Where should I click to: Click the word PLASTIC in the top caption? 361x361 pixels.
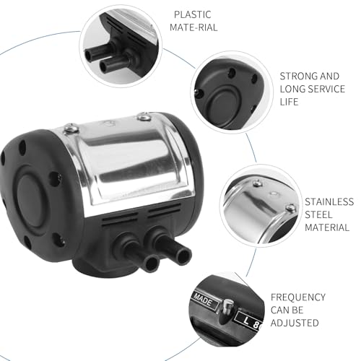193,14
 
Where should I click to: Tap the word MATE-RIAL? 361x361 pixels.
193,27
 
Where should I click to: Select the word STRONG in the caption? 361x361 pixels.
297,77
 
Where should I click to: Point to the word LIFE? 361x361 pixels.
289,102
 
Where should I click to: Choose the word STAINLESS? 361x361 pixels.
329,201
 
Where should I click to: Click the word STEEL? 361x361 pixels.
318,214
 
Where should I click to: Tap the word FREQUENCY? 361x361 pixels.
298,297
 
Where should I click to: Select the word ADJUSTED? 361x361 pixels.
295,323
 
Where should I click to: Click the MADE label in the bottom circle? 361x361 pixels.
204,300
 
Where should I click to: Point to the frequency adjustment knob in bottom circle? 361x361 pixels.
227,307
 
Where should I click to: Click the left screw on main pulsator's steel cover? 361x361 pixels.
71,128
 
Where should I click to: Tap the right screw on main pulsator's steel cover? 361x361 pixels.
144,116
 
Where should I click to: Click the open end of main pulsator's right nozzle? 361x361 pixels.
183,256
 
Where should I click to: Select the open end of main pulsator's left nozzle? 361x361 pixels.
152,264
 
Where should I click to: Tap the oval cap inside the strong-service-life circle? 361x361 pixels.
225,104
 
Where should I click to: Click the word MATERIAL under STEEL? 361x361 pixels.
327,227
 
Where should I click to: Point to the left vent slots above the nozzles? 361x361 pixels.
120,218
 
